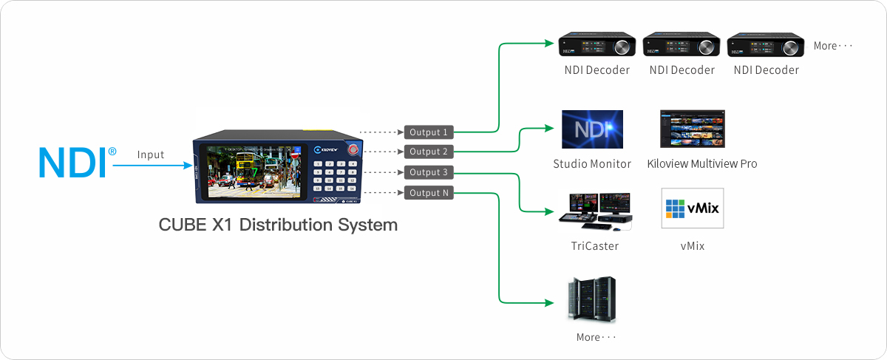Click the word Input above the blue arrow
click(151, 154)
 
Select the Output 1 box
click(428, 132)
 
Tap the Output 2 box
click(428, 152)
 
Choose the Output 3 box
click(428, 173)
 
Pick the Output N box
click(428, 193)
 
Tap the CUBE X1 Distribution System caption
click(278, 225)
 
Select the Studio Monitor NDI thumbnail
click(592, 130)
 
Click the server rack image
click(592, 299)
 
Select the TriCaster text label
click(594, 245)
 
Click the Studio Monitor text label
click(592, 163)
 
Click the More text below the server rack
click(596, 337)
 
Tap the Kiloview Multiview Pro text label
click(701, 163)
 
